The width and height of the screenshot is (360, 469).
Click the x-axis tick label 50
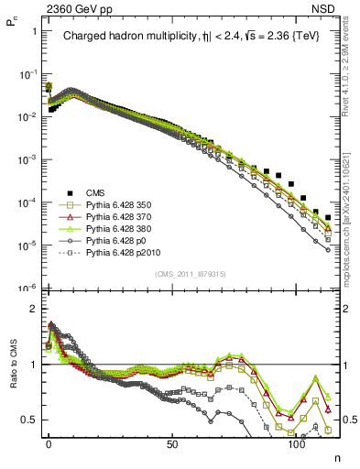pos(172,443)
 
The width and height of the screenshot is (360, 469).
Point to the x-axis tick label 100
pos(296,443)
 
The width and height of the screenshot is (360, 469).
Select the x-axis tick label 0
pos(49,443)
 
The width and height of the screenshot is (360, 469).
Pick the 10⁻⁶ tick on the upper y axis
pos(31,288)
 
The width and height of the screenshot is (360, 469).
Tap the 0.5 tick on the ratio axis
pos(30,420)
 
